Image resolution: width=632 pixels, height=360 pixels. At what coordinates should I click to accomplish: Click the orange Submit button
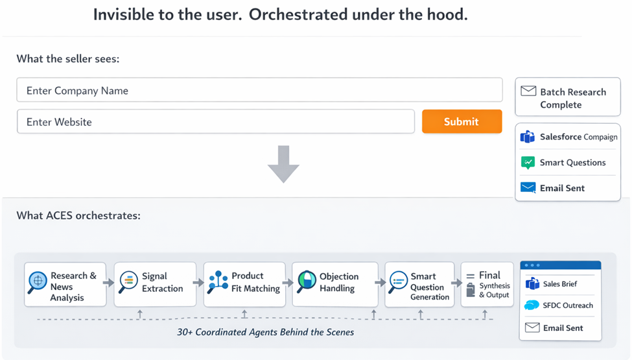point(462,121)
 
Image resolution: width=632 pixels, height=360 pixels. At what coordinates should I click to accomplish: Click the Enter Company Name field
point(259,90)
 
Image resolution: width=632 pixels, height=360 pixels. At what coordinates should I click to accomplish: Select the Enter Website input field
point(215,121)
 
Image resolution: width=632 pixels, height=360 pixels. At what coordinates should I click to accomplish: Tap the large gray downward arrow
point(283,164)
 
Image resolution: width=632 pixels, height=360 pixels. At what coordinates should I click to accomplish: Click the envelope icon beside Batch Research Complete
point(528,91)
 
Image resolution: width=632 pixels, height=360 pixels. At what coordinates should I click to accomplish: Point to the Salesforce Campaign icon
point(528,137)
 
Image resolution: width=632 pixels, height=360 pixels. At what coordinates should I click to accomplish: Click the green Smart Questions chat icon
point(528,162)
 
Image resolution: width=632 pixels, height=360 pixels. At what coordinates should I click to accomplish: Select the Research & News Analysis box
point(64,284)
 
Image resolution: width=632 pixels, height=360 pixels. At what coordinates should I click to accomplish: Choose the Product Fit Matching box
point(244,284)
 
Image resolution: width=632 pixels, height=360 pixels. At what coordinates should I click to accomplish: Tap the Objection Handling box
point(334,284)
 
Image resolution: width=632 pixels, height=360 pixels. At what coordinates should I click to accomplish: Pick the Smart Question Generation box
point(419,284)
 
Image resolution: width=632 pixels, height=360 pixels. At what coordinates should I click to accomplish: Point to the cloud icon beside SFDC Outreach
point(532,306)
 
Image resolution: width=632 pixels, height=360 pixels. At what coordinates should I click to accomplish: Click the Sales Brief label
point(559,283)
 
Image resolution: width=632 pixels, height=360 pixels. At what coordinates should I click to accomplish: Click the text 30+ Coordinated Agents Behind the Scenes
point(265,331)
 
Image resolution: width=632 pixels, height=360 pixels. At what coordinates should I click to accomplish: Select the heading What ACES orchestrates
point(78,215)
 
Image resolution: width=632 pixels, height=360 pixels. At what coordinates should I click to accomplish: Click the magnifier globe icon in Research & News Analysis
point(38,282)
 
